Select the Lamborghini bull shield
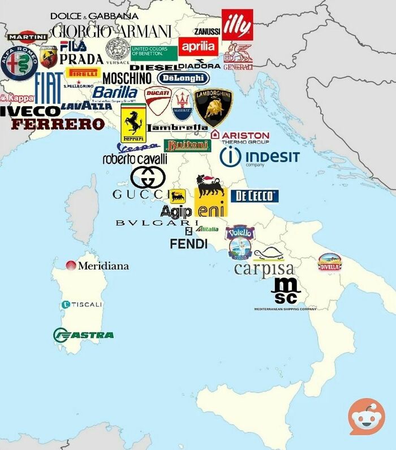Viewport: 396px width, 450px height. point(213,106)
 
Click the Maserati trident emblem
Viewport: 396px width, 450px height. point(182,104)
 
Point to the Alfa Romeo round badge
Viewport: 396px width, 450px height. point(19,63)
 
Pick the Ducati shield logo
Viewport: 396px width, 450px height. point(158,101)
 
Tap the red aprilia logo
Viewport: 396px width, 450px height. point(197,46)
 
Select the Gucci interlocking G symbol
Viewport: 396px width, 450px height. point(148,178)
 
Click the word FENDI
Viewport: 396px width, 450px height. point(188,244)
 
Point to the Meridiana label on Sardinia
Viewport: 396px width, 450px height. point(97,265)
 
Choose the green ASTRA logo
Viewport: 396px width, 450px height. point(83,335)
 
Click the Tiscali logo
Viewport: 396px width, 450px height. point(82,305)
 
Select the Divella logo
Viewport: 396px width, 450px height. point(329,262)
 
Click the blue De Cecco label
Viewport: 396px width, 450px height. point(255,196)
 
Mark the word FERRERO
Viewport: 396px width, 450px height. point(58,124)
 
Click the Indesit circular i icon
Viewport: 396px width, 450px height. point(230,157)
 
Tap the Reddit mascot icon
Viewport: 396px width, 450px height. point(366,417)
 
